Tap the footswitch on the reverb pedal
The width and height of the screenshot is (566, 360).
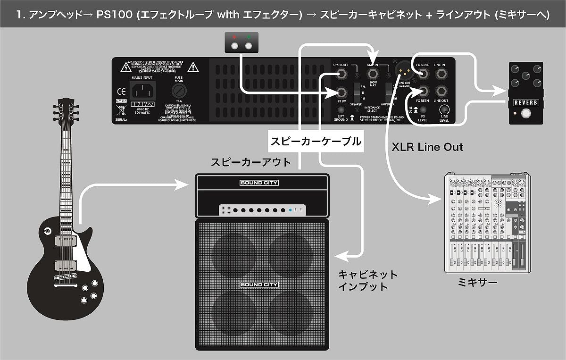(526, 114)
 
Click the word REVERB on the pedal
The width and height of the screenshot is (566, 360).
(526, 102)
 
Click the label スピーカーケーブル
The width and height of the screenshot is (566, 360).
(315, 141)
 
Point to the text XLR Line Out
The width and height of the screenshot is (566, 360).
(427, 147)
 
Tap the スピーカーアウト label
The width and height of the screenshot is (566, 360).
(251, 162)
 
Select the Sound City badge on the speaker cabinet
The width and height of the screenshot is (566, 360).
(258, 285)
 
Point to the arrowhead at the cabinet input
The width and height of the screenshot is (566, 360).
(339, 255)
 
